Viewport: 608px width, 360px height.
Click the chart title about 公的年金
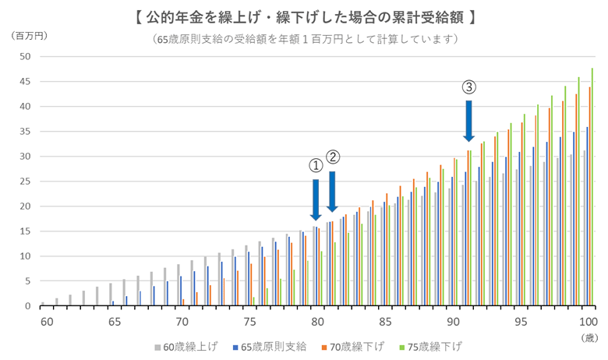305,16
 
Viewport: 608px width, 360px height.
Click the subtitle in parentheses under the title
305,38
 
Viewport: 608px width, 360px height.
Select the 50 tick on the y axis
25,57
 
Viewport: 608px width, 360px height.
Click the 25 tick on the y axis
25,182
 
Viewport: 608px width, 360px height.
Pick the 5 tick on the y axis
27,281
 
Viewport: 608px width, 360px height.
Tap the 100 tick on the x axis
587,322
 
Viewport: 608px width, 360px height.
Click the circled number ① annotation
316,165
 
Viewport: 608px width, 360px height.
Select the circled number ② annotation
333,157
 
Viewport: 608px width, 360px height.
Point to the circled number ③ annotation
468,86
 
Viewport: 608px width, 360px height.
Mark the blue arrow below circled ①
316,199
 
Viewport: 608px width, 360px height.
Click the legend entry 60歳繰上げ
186,345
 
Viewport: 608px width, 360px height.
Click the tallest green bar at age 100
592,187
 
